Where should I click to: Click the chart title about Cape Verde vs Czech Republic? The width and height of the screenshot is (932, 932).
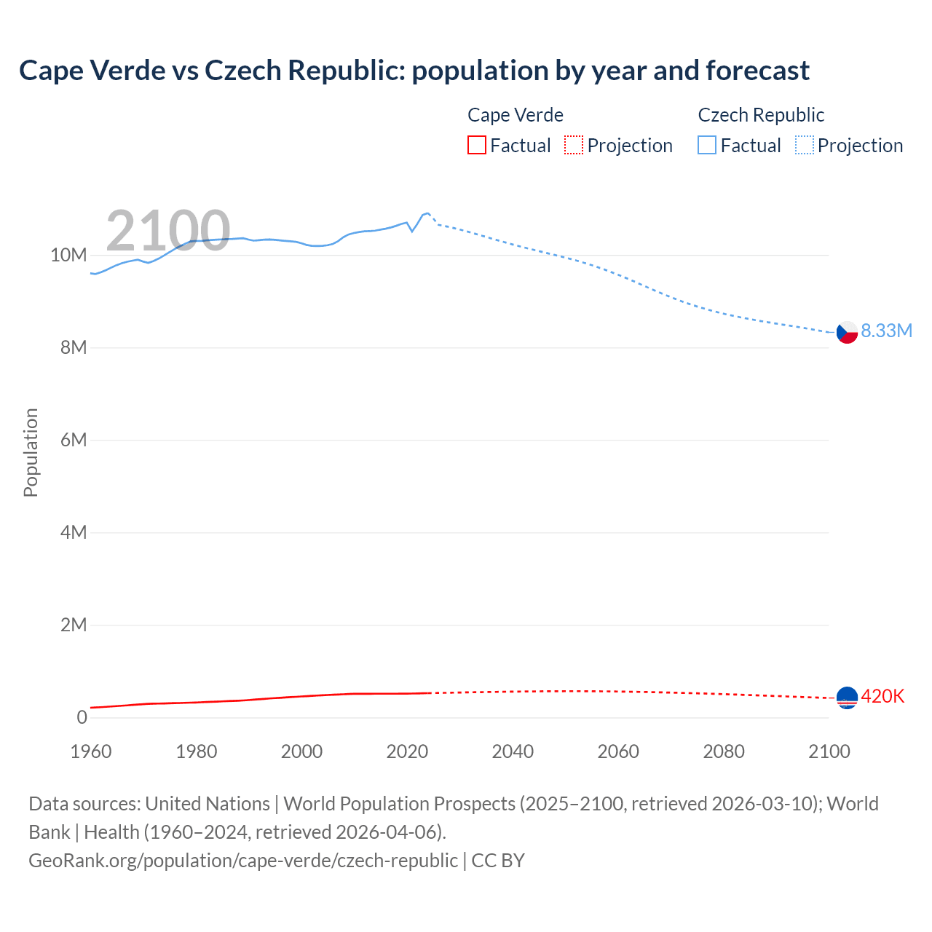(x=414, y=71)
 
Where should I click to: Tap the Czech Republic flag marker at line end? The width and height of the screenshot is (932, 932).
(x=847, y=332)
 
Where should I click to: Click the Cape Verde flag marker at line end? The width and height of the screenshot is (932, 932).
(x=847, y=698)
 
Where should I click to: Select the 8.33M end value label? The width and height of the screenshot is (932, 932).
(x=886, y=331)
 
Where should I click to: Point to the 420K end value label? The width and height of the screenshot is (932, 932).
(x=882, y=696)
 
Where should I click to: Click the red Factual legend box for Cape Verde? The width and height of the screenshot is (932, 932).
(x=477, y=146)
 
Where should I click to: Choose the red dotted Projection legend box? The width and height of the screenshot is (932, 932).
(x=574, y=146)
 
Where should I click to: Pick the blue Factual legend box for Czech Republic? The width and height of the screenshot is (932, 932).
(x=707, y=146)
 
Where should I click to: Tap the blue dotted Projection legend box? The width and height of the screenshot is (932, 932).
(x=805, y=146)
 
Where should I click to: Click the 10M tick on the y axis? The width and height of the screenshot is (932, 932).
(x=68, y=255)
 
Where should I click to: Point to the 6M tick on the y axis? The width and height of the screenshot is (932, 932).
(x=73, y=440)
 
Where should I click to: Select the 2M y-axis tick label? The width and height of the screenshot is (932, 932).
(x=73, y=625)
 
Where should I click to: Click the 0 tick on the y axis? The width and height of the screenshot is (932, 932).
(x=82, y=717)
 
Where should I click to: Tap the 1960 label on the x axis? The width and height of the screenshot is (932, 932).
(x=91, y=751)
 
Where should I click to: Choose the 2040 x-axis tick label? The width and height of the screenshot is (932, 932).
(x=513, y=751)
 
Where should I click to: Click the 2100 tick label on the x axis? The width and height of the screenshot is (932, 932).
(x=829, y=751)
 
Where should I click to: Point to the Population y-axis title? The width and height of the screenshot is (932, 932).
(x=31, y=452)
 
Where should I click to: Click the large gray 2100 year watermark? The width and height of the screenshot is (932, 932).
(x=168, y=231)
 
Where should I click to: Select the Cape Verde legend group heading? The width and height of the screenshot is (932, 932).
(x=515, y=115)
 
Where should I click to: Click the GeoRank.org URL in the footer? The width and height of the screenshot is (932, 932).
(x=243, y=860)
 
